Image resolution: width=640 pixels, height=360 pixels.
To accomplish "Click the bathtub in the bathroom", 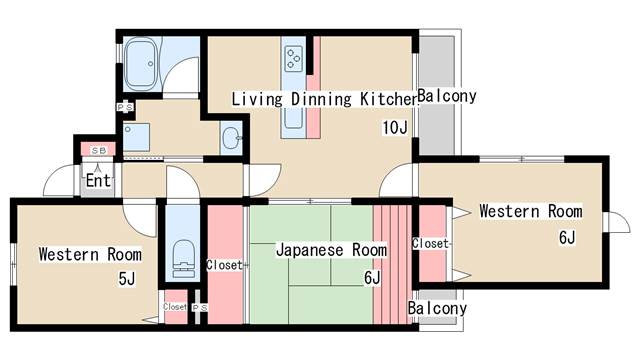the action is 141,64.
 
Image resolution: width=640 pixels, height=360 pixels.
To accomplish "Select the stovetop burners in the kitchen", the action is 294,58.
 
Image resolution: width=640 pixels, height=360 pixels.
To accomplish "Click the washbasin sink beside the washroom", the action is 231,138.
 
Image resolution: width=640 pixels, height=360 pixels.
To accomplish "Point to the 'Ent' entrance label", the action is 98,180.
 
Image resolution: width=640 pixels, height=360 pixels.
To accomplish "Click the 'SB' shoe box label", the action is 98,151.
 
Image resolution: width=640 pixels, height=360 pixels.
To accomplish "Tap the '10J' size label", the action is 395,128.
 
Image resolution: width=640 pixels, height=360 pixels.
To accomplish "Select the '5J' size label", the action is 127,279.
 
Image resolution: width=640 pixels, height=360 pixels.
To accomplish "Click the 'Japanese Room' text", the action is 331,250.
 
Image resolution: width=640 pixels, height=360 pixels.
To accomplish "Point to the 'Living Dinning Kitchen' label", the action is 325,99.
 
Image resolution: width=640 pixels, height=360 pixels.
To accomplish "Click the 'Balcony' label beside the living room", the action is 447,96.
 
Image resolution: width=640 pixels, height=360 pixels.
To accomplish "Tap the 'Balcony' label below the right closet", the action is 437,308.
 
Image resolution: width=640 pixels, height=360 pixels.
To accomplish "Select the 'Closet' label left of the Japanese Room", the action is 224,265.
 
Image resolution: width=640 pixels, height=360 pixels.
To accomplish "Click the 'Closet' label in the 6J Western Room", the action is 430,243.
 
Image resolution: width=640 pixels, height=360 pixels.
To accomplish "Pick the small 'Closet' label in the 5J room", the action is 175,307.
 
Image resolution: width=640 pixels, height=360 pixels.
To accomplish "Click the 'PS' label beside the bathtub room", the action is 125,107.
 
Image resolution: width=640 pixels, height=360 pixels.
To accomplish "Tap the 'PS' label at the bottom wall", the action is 200,307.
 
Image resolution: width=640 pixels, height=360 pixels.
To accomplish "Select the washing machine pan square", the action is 136,137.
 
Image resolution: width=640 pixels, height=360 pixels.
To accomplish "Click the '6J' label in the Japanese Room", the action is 372,278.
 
